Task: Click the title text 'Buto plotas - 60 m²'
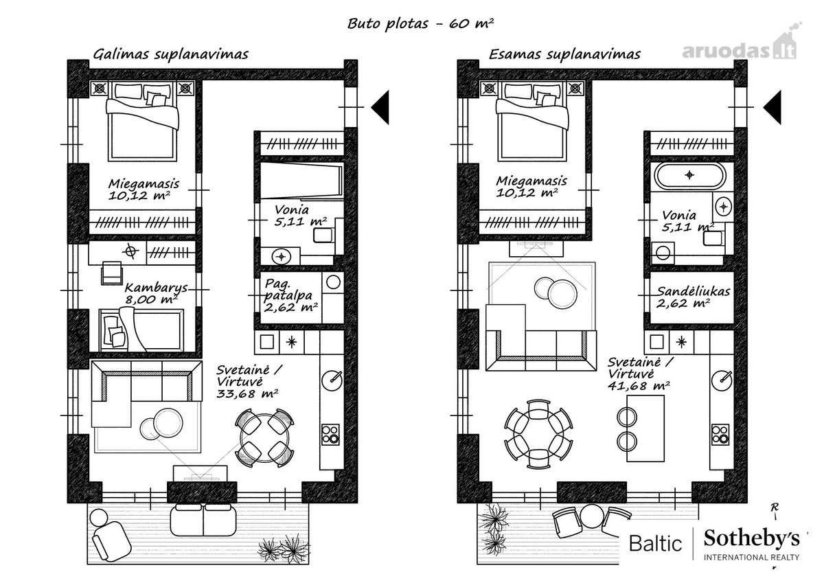[x=420, y=23]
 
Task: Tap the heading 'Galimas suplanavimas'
[x=171, y=54]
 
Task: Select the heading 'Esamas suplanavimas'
[x=564, y=54]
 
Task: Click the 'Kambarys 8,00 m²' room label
[x=156, y=293]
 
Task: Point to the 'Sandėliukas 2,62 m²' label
[x=693, y=297]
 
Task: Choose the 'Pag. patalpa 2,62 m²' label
[x=290, y=295]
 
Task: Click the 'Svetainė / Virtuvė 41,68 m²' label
[x=640, y=374]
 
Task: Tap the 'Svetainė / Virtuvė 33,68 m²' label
[x=249, y=381]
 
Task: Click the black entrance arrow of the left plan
[x=380, y=107]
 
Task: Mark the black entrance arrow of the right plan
[x=772, y=107]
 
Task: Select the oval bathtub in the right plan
[x=689, y=176]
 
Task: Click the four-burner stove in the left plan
[x=330, y=435]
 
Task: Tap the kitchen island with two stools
[x=641, y=428]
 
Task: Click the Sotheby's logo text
[x=751, y=539]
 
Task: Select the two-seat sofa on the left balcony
[x=203, y=520]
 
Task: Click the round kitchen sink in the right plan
[x=722, y=380]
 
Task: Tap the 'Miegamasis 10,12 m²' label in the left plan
[x=144, y=189]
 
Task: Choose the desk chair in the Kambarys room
[x=112, y=273]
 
